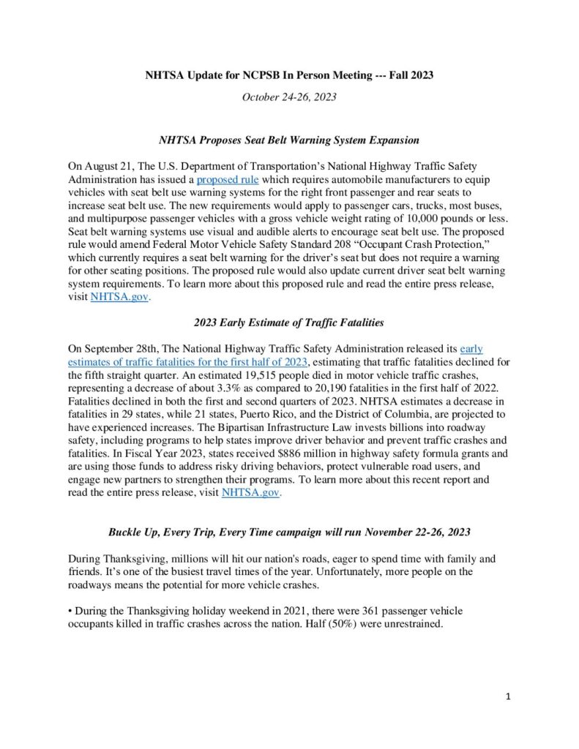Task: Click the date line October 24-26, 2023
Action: tap(289, 97)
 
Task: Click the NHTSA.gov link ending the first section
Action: tap(119, 297)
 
